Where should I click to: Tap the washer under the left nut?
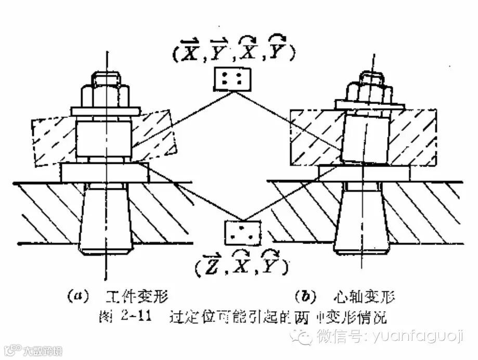click(x=106, y=111)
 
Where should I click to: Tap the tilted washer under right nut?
click(x=370, y=105)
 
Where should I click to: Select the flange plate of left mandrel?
click(x=105, y=172)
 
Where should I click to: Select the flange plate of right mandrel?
click(x=364, y=173)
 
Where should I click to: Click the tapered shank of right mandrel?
click(x=363, y=218)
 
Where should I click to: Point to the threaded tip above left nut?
click(x=106, y=78)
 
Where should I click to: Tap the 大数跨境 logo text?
click(x=42, y=351)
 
